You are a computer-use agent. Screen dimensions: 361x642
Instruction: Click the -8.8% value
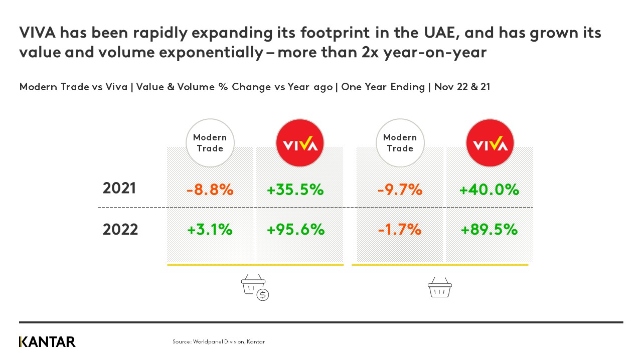tap(210, 190)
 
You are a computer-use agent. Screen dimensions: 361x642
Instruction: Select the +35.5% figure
tap(295, 190)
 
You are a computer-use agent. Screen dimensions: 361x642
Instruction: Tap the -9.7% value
tap(400, 190)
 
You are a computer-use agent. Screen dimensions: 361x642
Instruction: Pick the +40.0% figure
tap(489, 190)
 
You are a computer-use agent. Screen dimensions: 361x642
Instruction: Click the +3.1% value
tap(210, 230)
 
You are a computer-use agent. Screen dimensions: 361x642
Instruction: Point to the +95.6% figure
tap(295, 230)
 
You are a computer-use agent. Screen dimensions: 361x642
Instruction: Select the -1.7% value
tap(400, 230)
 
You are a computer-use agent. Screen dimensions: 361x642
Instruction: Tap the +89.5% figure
tap(489, 230)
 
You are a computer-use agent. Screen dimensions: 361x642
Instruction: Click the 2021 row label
tap(119, 189)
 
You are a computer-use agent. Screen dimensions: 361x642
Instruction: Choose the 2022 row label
tap(120, 230)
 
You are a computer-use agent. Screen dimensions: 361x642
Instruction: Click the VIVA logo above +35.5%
tap(300, 143)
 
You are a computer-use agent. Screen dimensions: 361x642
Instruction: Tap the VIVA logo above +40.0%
tap(490, 143)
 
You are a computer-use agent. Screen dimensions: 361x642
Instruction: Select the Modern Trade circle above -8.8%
tap(210, 143)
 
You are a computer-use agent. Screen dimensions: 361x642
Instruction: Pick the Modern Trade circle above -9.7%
tap(400, 143)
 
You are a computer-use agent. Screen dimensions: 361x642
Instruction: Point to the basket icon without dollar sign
tap(439, 288)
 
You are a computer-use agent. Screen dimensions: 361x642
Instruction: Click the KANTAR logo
tap(47, 342)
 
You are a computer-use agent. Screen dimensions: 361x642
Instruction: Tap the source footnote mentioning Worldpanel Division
tap(219, 341)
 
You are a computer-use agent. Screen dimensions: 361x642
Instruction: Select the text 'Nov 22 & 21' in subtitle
tap(462, 87)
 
